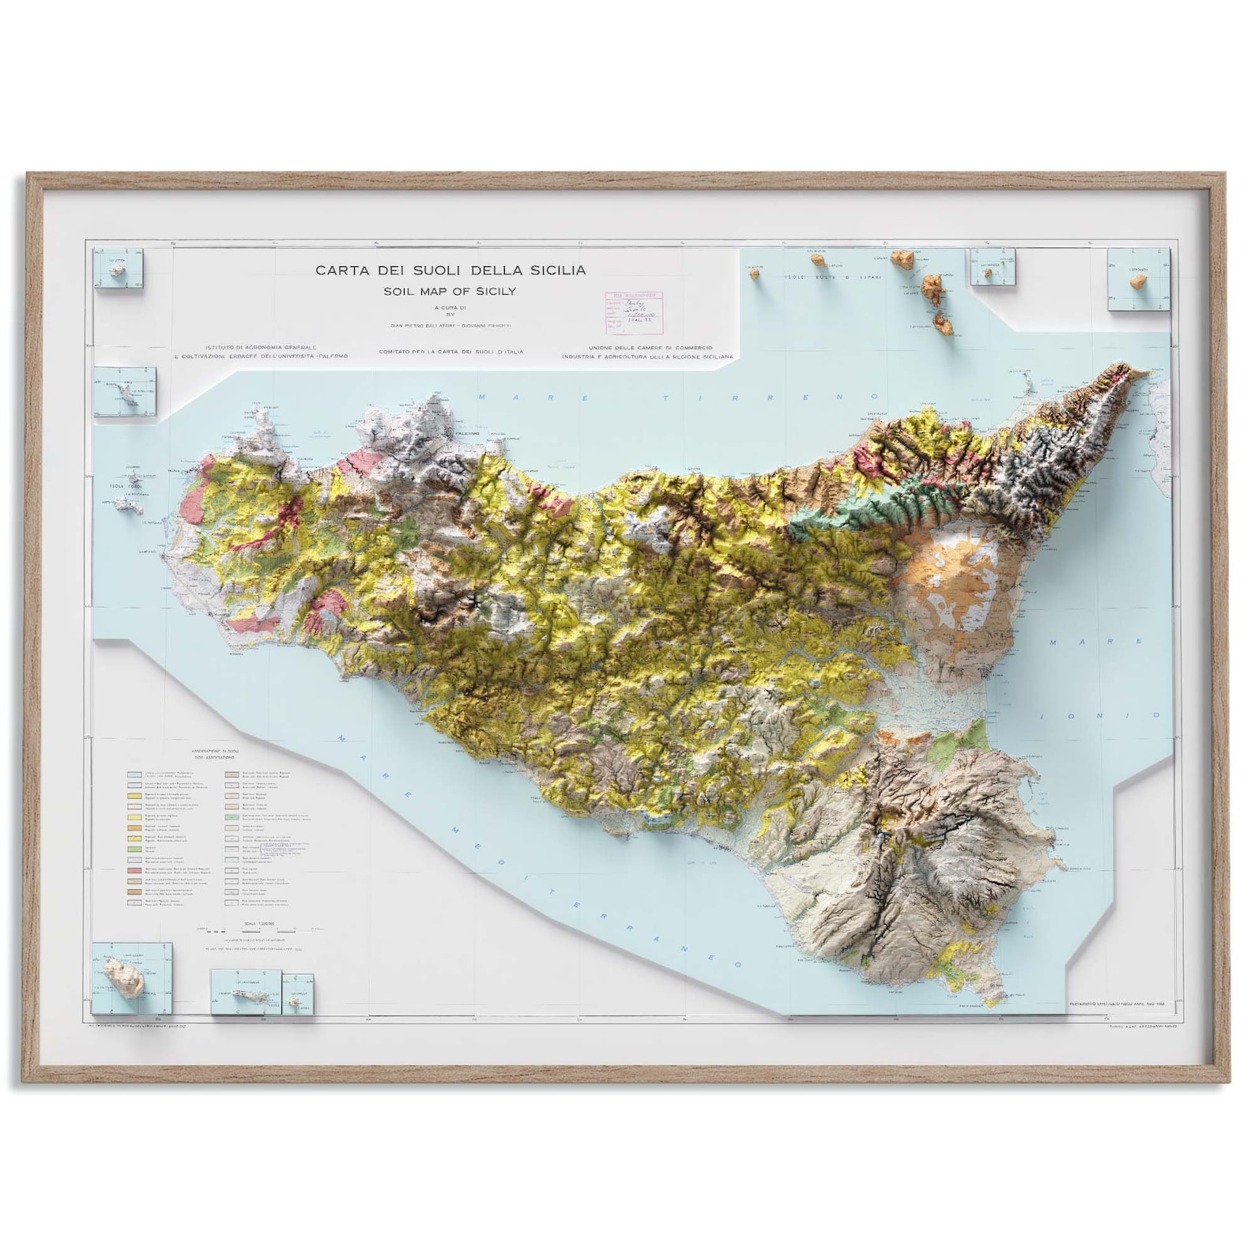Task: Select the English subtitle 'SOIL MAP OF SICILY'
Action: [450, 291]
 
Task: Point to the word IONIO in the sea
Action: [1106, 716]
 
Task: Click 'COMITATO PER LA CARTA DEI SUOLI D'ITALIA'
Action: [451, 352]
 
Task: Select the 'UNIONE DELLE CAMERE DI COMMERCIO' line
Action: [650, 348]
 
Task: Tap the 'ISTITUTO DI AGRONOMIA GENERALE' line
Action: [261, 347]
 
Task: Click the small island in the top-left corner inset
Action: [118, 271]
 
